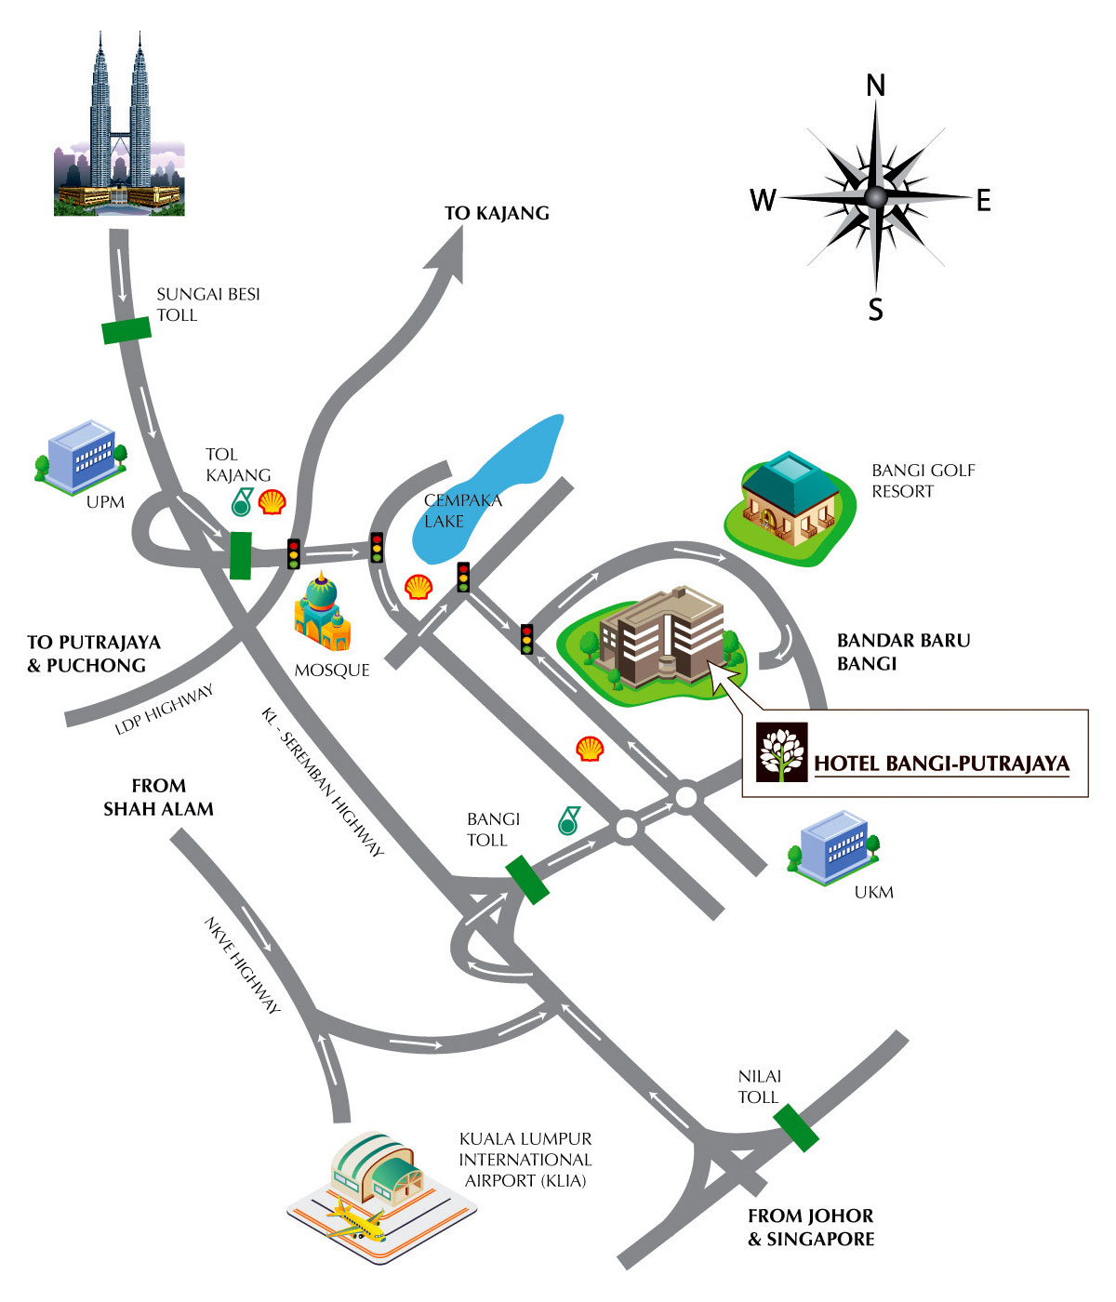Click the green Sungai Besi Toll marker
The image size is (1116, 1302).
tap(126, 329)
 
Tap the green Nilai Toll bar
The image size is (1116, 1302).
tap(796, 1127)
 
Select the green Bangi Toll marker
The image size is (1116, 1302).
tap(527, 879)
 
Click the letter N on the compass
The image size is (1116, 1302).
tap(875, 86)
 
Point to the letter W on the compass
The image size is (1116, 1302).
tap(763, 200)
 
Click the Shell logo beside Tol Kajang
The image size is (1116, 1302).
tap(272, 502)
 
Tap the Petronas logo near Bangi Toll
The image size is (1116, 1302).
tap(568, 820)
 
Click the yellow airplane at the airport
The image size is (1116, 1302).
tap(357, 1220)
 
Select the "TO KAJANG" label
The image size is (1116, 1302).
tap(497, 213)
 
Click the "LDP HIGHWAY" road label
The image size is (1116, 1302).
tap(165, 710)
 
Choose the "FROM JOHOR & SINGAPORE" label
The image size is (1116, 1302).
tap(811, 1228)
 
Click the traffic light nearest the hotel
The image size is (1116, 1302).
tap(527, 638)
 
